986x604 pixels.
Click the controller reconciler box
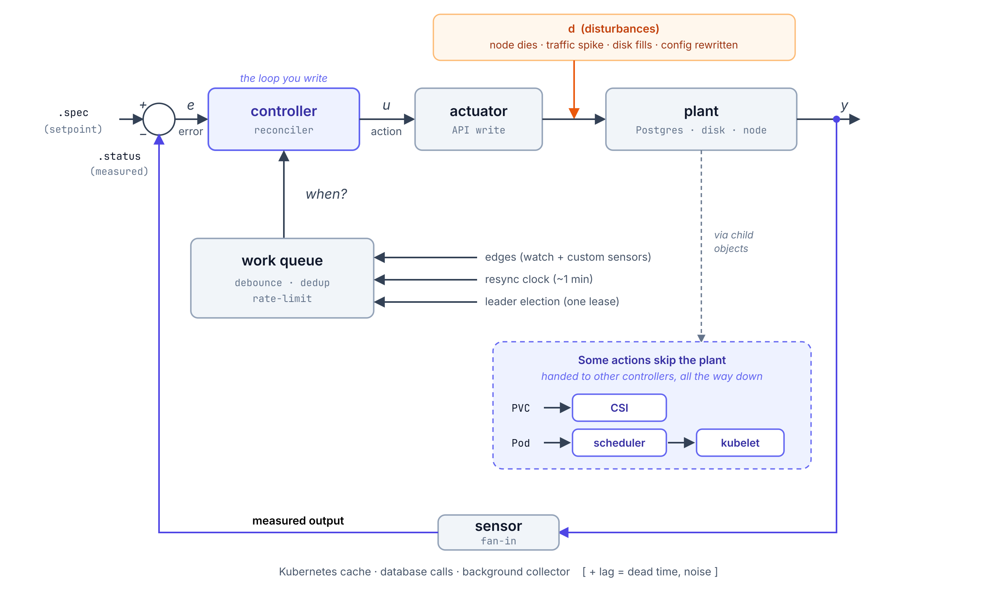284,119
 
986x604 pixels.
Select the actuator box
479,119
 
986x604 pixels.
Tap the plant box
701,119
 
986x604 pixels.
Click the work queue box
282,278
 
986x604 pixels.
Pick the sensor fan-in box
498,532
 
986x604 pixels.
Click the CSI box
619,408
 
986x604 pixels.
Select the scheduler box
619,443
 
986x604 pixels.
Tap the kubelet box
740,443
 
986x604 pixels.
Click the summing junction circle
159,103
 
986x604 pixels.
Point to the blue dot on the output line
837,119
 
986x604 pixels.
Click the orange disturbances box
614,37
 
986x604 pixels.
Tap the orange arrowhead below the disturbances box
574,113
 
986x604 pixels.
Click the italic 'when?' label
326,194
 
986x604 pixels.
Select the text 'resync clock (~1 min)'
539,279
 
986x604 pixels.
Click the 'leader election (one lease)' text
552,302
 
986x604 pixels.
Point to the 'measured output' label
298,521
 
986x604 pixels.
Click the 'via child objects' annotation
734,242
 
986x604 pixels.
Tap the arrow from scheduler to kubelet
681,443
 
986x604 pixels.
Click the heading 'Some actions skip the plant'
652,360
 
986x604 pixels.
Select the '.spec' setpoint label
73,113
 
